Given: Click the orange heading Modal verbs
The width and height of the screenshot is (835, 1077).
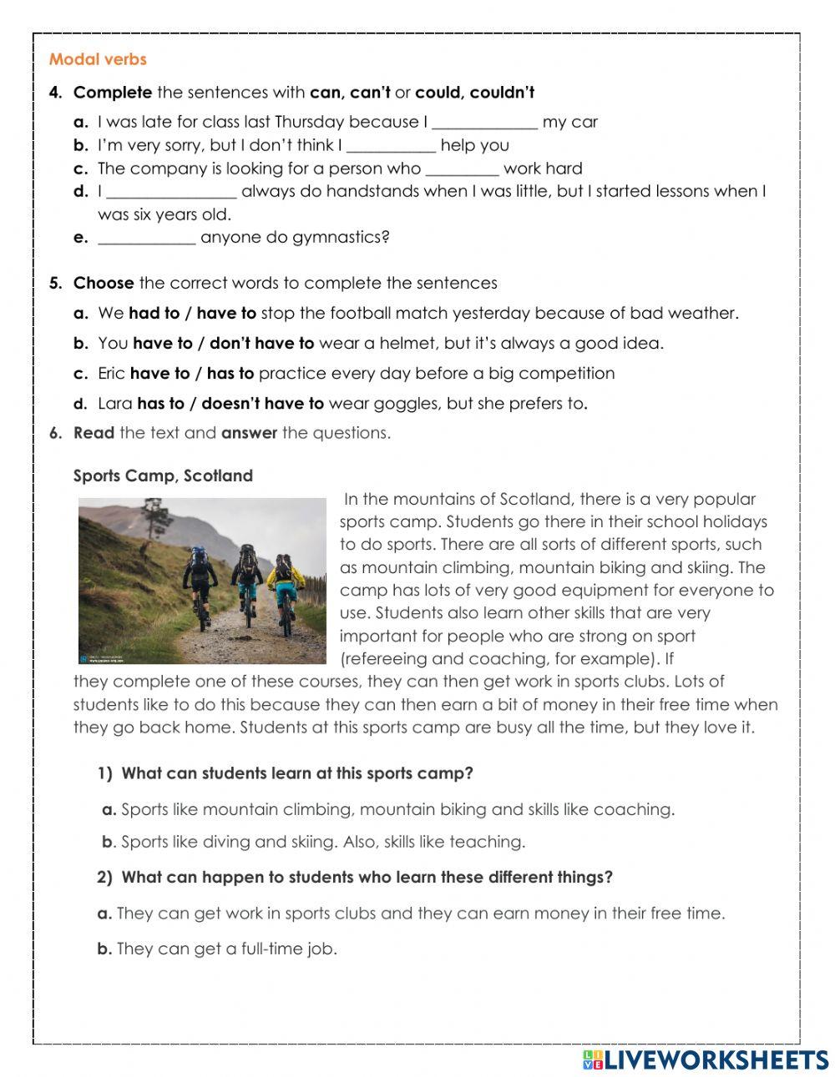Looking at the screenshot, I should coord(98,59).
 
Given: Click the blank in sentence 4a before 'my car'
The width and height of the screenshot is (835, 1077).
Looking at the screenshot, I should coord(484,123).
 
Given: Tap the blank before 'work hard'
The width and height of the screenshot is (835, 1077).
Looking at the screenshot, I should coord(462,169).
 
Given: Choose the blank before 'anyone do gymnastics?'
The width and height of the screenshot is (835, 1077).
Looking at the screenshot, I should coord(147,238).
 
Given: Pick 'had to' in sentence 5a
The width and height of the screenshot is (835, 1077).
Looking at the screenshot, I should coord(154,314).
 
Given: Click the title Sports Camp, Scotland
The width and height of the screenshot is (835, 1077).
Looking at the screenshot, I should coord(163,476).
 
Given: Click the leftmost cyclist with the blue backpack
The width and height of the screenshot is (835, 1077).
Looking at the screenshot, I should coord(200,576).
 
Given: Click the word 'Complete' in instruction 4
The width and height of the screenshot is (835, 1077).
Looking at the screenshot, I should coord(113,93).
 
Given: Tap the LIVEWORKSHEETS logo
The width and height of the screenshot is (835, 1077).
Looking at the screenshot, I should coord(706,1059).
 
